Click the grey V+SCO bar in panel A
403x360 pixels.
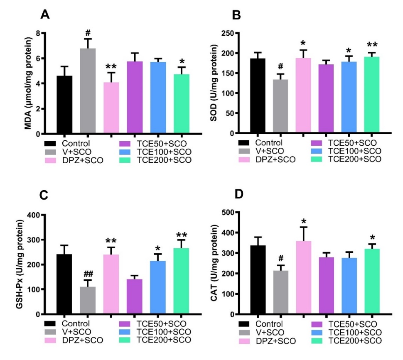88,91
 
